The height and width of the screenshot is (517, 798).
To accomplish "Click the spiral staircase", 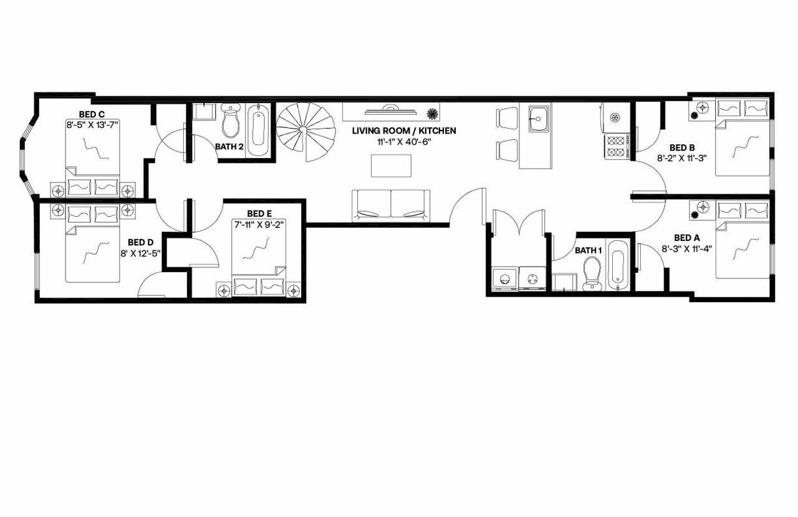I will [305, 130].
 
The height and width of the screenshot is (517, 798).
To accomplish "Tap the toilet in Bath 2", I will [231, 121].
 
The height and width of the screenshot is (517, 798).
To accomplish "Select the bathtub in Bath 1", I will [616, 265].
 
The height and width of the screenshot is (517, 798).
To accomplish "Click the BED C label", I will [92, 114].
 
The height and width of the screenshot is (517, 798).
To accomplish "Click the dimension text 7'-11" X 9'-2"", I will [258, 224].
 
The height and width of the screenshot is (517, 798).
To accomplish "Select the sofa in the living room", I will [391, 205].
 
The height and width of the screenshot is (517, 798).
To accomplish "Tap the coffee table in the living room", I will [391, 165].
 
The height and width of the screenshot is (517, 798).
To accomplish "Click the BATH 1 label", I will [588, 250].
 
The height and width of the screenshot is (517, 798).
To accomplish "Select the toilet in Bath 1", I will [592, 273].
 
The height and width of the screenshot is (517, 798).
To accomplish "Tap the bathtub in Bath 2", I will [257, 130].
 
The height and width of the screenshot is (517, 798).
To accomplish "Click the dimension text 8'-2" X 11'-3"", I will [681, 158].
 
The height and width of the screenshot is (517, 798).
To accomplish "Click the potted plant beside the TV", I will [431, 113].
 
